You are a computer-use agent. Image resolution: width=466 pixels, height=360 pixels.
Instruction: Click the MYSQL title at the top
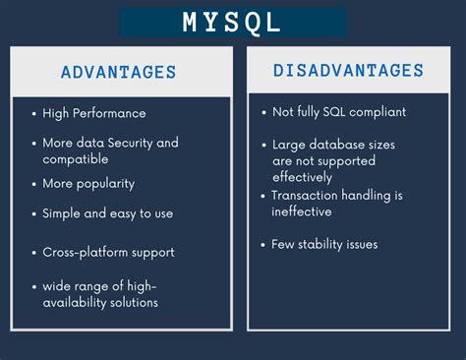click(x=232, y=22)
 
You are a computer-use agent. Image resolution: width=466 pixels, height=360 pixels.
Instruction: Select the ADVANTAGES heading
click(x=118, y=72)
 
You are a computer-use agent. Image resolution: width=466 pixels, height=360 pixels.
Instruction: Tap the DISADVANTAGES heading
click(x=349, y=71)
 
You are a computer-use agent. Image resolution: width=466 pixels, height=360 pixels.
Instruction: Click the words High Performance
click(x=94, y=113)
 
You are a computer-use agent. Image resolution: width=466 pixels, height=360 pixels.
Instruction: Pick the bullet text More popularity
click(x=88, y=184)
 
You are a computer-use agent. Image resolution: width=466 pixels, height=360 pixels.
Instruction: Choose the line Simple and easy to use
click(x=108, y=212)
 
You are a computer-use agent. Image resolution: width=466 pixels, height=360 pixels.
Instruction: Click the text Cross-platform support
click(x=108, y=252)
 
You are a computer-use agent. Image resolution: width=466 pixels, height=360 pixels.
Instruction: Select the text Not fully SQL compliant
click(x=338, y=112)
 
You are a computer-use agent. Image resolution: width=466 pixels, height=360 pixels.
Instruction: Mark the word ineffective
click(x=302, y=211)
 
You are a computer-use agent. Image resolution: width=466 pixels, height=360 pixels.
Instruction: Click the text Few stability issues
click(x=324, y=244)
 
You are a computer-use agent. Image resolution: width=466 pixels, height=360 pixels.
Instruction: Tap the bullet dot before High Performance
click(x=34, y=114)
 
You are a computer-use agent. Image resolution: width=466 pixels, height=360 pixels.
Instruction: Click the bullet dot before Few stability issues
click(x=262, y=244)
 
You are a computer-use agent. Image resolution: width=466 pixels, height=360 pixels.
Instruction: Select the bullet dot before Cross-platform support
click(x=34, y=253)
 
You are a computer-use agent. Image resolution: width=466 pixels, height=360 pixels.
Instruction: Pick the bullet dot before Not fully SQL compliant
click(x=262, y=113)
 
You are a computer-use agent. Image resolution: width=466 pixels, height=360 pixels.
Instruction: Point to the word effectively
click(x=303, y=177)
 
